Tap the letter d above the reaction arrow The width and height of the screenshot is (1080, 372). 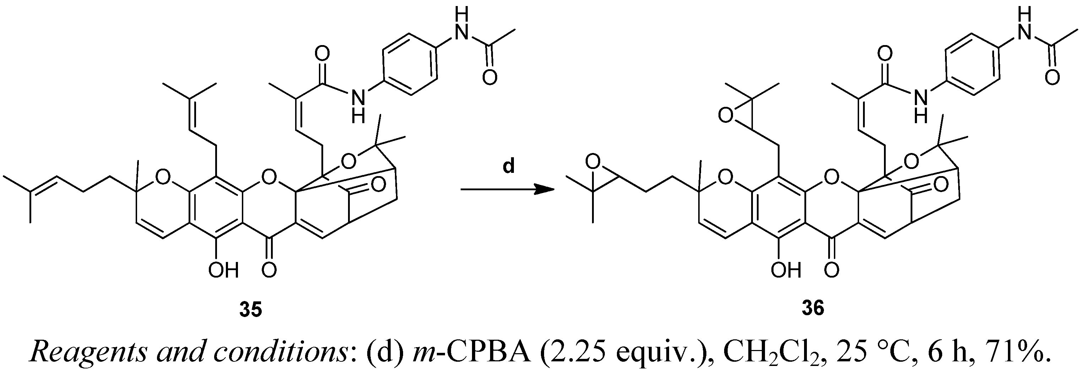508,167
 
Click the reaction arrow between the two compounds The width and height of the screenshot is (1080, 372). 507,190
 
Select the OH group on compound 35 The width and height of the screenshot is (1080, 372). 223,270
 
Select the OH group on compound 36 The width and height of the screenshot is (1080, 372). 786,270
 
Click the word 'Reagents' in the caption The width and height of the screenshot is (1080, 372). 88,353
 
